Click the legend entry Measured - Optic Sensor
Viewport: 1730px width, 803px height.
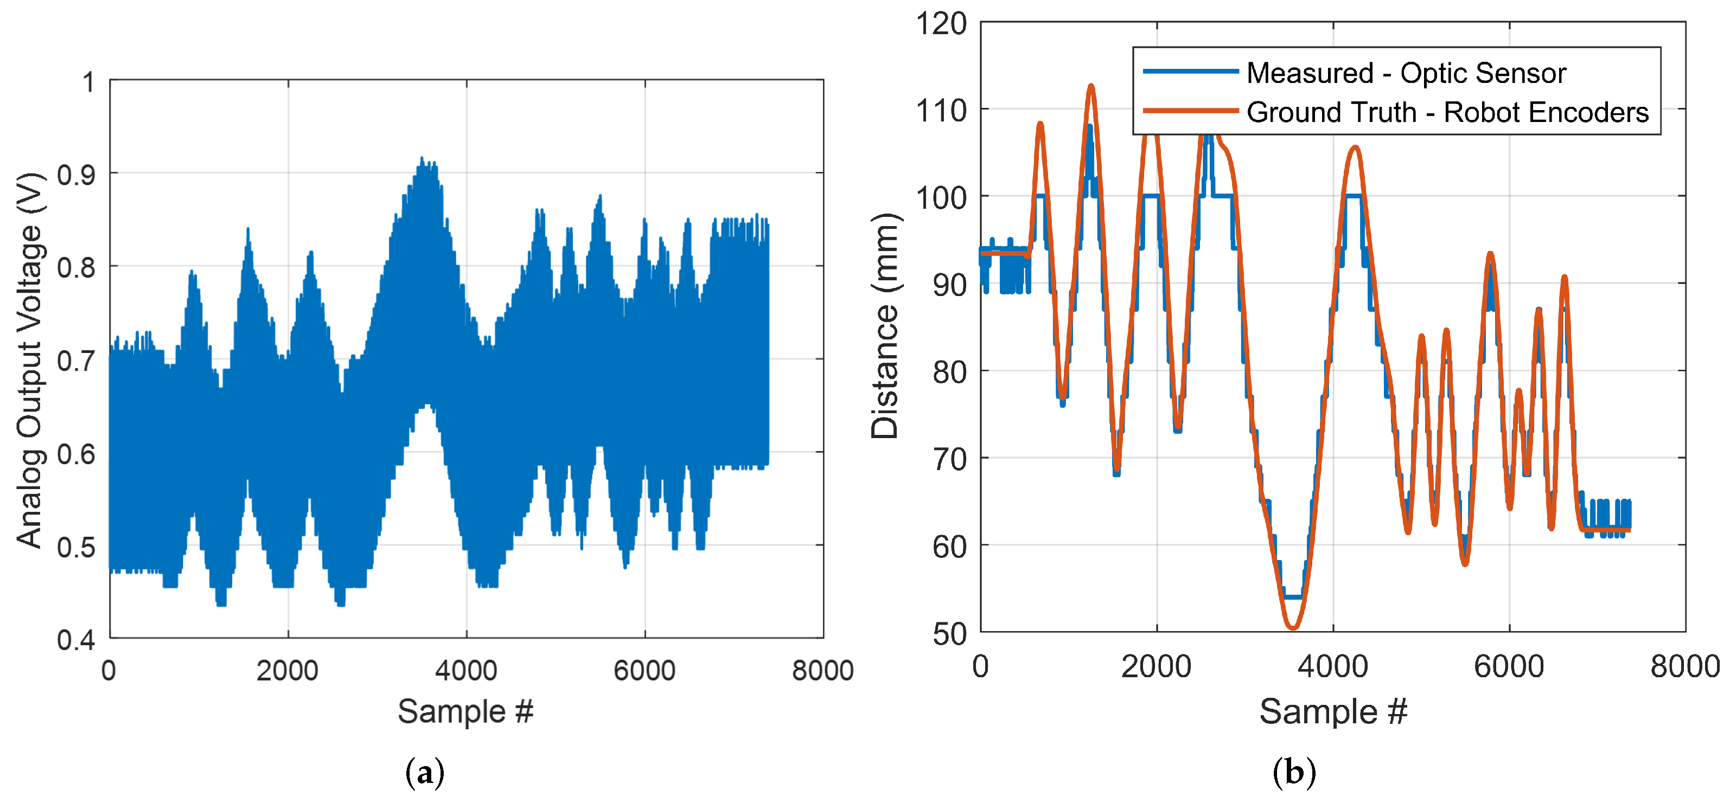click(1406, 73)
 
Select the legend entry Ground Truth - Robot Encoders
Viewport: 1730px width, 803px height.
click(1447, 112)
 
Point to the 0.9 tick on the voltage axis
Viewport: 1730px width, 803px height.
click(76, 175)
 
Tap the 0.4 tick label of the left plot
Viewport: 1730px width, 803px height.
click(76, 640)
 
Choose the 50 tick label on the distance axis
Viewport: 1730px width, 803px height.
click(949, 634)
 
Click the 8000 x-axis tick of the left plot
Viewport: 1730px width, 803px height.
click(823, 670)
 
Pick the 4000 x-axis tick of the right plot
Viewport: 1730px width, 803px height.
click(1332, 666)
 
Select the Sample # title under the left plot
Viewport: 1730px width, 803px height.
click(465, 711)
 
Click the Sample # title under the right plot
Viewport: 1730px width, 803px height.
click(1332, 711)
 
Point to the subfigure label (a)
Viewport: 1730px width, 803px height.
click(425, 773)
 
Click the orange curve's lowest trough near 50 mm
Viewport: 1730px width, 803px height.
click(1293, 628)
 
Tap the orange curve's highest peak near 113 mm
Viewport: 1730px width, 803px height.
click(1091, 86)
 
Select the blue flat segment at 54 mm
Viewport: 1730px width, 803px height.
click(1293, 596)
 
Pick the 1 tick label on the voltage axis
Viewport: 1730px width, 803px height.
click(88, 82)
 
